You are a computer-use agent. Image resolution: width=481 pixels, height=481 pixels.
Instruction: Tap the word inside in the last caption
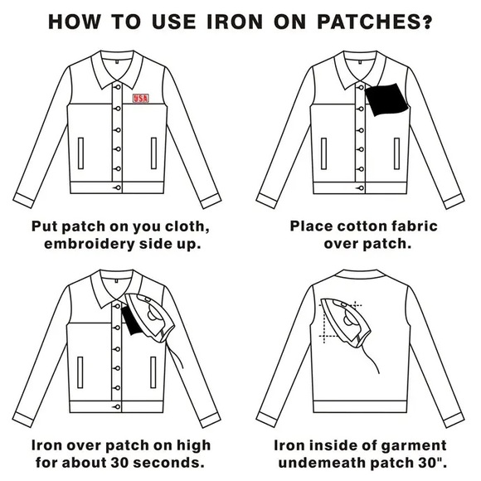click(x=337, y=445)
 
